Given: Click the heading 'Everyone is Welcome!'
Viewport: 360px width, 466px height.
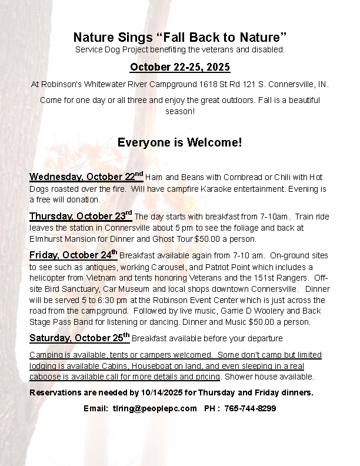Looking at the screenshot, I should click(179, 142).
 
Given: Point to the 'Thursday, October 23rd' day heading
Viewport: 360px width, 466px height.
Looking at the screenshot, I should click(81, 216).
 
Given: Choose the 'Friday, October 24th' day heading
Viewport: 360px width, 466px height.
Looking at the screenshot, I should click(74, 255).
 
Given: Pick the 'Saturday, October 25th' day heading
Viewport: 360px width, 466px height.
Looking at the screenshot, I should click(79, 338).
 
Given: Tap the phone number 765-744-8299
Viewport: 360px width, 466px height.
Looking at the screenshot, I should click(251, 408).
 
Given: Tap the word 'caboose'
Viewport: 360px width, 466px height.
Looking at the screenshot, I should click(45, 377).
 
